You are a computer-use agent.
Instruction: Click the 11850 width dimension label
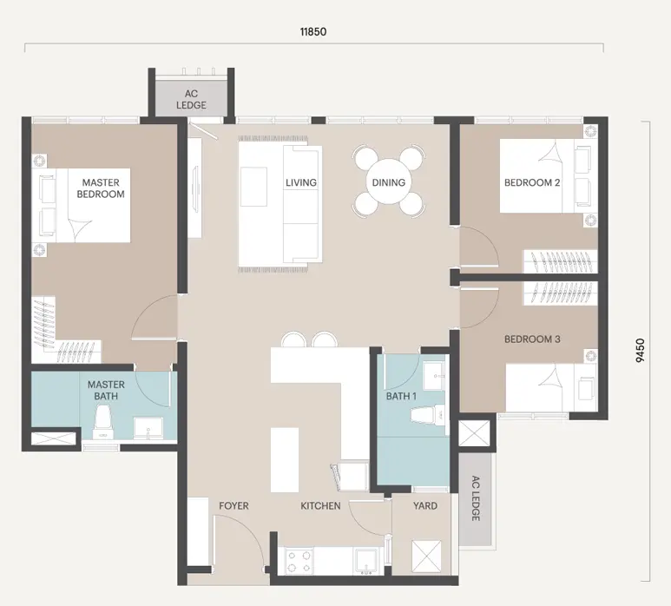[313, 31]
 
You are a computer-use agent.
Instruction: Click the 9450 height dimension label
[641, 351]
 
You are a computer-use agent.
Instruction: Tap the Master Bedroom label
[101, 188]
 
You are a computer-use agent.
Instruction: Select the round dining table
[389, 181]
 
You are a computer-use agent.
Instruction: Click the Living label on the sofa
[301, 182]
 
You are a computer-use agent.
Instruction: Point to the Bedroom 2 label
[532, 182]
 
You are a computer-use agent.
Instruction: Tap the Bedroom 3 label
[532, 339]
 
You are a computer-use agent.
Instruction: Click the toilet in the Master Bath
[103, 423]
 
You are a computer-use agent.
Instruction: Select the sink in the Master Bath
[148, 428]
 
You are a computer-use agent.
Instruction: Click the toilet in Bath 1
[428, 414]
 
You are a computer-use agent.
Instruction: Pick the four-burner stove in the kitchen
[299, 562]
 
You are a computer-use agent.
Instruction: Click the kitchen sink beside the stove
[366, 562]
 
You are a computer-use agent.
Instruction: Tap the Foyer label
[234, 506]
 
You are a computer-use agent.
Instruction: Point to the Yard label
[425, 506]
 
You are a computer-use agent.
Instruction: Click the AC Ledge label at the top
[191, 99]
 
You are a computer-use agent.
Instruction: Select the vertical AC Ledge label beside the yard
[476, 498]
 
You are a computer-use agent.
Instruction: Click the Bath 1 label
[401, 396]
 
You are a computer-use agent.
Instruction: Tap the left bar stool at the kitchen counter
[293, 339]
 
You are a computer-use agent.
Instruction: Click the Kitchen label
[320, 506]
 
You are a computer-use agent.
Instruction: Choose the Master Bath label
[106, 391]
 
